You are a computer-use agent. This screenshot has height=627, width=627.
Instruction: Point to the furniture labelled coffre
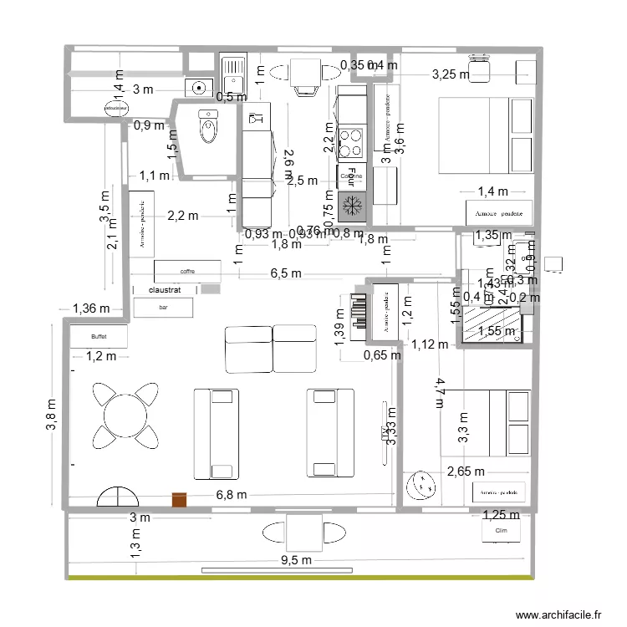[x=187, y=271]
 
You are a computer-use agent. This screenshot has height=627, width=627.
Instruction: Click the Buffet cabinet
[x=99, y=336]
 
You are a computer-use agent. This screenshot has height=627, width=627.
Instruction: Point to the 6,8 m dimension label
[x=232, y=494]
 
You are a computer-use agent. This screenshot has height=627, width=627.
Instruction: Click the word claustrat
[x=164, y=289]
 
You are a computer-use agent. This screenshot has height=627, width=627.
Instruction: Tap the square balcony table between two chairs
[x=303, y=532]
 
